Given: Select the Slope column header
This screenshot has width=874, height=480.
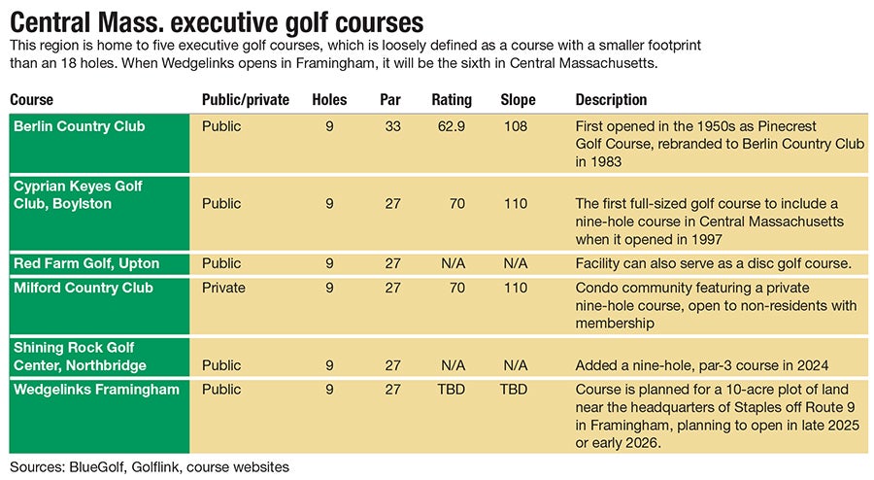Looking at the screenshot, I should click(x=518, y=100).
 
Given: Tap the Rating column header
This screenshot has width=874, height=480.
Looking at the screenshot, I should click(x=452, y=100).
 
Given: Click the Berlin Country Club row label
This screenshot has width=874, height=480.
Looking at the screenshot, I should click(x=79, y=126).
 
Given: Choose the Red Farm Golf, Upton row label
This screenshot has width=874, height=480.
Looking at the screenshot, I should click(x=85, y=264).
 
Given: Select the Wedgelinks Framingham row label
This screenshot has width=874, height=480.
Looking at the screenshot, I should click(x=95, y=391).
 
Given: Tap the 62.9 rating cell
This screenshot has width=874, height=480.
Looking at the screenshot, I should click(x=452, y=126).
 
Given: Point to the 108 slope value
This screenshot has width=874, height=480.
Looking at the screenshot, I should click(x=516, y=126).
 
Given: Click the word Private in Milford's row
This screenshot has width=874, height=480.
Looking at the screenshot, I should click(x=223, y=288).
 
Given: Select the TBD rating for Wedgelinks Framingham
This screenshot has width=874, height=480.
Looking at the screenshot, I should click(x=452, y=391).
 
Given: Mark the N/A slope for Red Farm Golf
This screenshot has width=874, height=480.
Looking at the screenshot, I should click(x=516, y=264).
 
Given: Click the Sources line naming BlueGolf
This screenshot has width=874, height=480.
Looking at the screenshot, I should click(x=150, y=467).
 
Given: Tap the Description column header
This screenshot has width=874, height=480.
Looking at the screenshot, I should click(x=611, y=100).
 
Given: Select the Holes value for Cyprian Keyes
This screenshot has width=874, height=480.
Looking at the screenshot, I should click(x=329, y=204).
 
